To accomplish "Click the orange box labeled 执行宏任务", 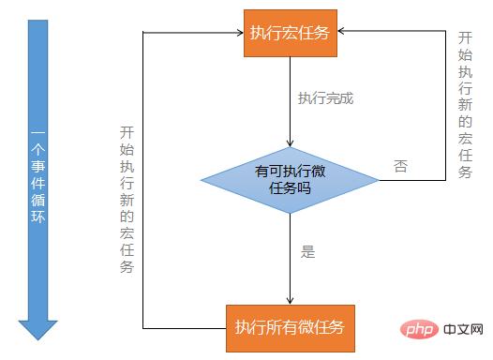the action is [291, 33].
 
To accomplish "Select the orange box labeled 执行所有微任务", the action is [291, 328].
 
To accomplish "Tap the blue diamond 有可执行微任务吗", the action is [290, 180].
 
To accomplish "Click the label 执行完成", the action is [325, 98].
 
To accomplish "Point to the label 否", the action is [400, 166].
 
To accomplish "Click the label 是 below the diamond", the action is [307, 251].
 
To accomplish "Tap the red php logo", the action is [419, 329].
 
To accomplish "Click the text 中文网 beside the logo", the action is [463, 329].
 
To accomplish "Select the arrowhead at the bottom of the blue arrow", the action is [38, 330].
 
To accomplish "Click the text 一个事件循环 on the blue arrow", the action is [38, 177].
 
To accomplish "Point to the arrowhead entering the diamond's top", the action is [290, 143].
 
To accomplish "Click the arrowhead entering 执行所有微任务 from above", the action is [290, 300].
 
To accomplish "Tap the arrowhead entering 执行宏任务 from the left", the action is [240, 33].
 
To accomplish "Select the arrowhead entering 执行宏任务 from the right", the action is [341, 31].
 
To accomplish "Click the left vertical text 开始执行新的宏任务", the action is [127, 200].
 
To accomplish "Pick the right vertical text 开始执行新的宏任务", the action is [465, 105].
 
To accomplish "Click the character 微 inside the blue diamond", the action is [318, 172].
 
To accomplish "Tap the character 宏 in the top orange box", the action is [290, 33].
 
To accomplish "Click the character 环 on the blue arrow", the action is [38, 217].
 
